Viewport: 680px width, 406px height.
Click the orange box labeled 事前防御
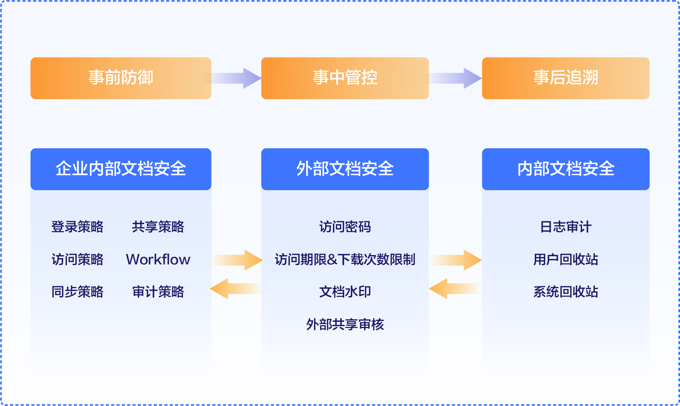pos(121,78)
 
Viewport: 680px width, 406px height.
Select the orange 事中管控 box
pos(345,78)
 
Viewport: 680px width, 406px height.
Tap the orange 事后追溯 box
pos(566,78)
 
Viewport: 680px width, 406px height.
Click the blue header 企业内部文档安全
pos(121,169)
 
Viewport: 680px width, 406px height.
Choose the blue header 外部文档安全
pos(345,169)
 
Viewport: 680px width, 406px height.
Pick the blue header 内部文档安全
pos(566,169)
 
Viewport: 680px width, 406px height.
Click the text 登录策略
pos(78,227)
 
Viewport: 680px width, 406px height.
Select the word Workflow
pos(158,259)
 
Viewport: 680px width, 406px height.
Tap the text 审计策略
pos(158,292)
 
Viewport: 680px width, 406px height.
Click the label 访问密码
pos(345,227)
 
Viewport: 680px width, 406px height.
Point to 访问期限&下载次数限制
pos(345,259)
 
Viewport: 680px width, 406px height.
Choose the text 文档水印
pos(345,292)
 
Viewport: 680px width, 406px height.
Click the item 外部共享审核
pos(345,324)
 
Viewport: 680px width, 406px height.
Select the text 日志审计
pos(566,227)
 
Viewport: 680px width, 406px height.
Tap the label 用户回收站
pos(566,259)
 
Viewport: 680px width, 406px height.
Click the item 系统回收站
pos(566,292)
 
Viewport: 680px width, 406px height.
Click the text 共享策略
pos(158,227)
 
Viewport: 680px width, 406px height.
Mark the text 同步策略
pos(78,292)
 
